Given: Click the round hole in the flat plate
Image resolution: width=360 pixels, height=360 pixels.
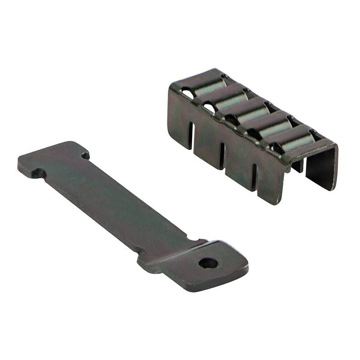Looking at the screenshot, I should [208, 263].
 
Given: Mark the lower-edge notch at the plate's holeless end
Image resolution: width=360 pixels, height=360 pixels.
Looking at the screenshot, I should [40, 174].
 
